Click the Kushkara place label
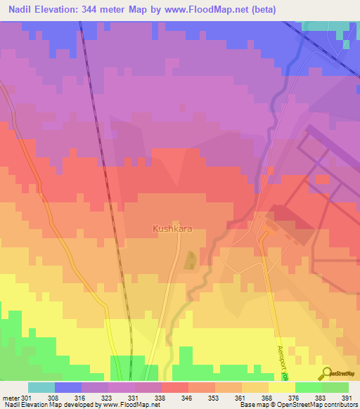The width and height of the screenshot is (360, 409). (x=172, y=228)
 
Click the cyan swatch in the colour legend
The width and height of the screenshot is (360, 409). (x=41, y=387)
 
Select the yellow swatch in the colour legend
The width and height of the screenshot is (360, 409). (x=281, y=387)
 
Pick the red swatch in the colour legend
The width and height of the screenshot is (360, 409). (x=175, y=387)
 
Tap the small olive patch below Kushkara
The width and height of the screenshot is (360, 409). (x=190, y=261)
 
